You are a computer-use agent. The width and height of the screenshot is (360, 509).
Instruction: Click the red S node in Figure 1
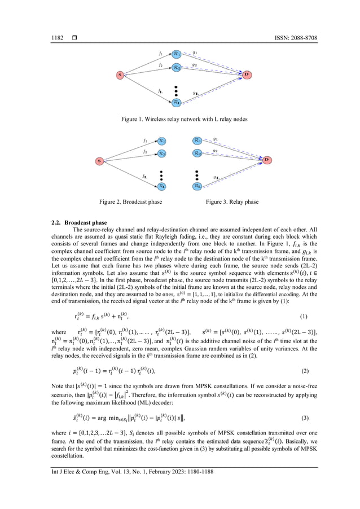point(120,74)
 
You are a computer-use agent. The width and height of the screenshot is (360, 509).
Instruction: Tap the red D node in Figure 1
point(247,74)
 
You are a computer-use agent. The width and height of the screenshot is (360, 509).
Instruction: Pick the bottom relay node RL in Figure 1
point(177,102)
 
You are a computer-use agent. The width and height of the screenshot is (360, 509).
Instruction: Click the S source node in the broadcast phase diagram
point(99,161)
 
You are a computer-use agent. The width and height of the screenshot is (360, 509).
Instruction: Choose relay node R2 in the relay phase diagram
point(197,153)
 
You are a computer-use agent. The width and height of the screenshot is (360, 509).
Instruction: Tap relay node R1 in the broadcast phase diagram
point(162,141)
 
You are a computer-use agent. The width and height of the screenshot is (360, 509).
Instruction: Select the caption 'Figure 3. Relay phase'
point(232,202)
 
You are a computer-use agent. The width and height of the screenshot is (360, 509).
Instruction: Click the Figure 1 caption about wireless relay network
point(179,120)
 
